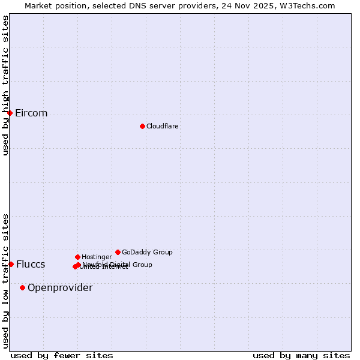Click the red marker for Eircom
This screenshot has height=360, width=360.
click(10, 113)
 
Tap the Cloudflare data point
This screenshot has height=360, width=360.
click(142, 126)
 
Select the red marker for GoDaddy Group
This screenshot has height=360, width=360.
click(118, 252)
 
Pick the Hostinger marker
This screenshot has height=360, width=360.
click(77, 257)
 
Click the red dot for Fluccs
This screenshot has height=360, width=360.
click(11, 264)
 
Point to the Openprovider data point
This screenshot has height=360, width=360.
click(22, 287)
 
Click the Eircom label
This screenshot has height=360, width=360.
click(31, 113)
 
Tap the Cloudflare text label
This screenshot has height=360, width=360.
click(163, 127)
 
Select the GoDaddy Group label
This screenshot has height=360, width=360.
click(147, 253)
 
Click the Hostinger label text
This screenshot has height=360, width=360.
click(97, 257)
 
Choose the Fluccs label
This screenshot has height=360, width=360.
click(31, 265)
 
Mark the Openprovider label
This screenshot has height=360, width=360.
click(60, 288)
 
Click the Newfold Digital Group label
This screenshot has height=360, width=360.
click(118, 264)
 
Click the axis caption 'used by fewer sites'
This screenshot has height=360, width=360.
click(62, 355)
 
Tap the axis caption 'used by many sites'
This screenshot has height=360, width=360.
click(301, 355)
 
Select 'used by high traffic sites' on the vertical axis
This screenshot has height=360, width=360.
click(5, 85)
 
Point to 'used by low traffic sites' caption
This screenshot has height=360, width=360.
click(5, 281)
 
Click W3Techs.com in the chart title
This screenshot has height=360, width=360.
click(308, 5)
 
